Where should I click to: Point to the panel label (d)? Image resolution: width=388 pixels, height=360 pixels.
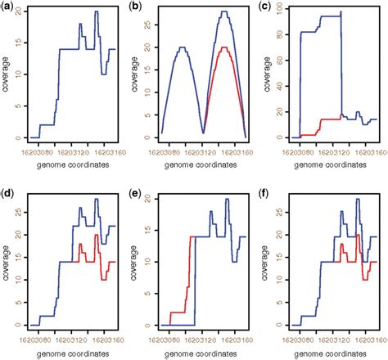[10, 194]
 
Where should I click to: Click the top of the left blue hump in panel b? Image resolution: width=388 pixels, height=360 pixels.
[183, 47]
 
